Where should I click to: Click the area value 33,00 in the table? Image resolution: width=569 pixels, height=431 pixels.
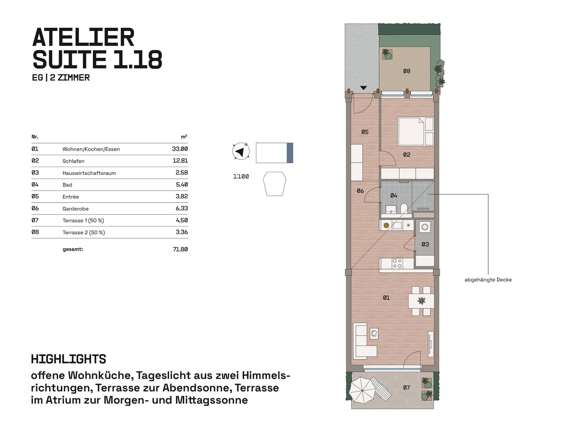pos(180,149)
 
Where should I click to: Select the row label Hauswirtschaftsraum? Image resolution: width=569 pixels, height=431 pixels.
pos(89,173)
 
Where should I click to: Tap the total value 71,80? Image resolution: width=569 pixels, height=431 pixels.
pos(180,249)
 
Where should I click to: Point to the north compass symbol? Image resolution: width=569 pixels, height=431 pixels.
pos(241,151)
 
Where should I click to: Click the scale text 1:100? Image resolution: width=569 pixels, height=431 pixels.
pos(241,176)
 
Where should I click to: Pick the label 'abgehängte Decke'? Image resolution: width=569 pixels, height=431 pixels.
pos(488,280)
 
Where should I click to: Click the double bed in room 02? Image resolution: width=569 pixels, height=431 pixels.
pos(416,131)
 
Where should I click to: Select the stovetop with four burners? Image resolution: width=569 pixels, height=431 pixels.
pos(397,263)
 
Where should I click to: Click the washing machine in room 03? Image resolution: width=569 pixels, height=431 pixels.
pos(425,227)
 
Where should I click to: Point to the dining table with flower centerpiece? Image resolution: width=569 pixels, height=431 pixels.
pos(421,301)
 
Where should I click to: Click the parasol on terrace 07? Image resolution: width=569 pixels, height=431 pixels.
pos(362,390)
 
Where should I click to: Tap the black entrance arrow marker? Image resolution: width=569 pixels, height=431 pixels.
pos(363,88)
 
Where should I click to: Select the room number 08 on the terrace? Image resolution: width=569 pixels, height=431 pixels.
pos(407,71)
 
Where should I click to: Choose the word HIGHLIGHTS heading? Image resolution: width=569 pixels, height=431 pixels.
pos(69,359)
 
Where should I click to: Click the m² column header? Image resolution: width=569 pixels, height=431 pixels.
pos(184,137)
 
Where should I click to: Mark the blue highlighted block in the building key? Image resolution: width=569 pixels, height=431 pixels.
pos(290,153)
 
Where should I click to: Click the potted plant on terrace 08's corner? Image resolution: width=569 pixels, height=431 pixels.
pos(387,54)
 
